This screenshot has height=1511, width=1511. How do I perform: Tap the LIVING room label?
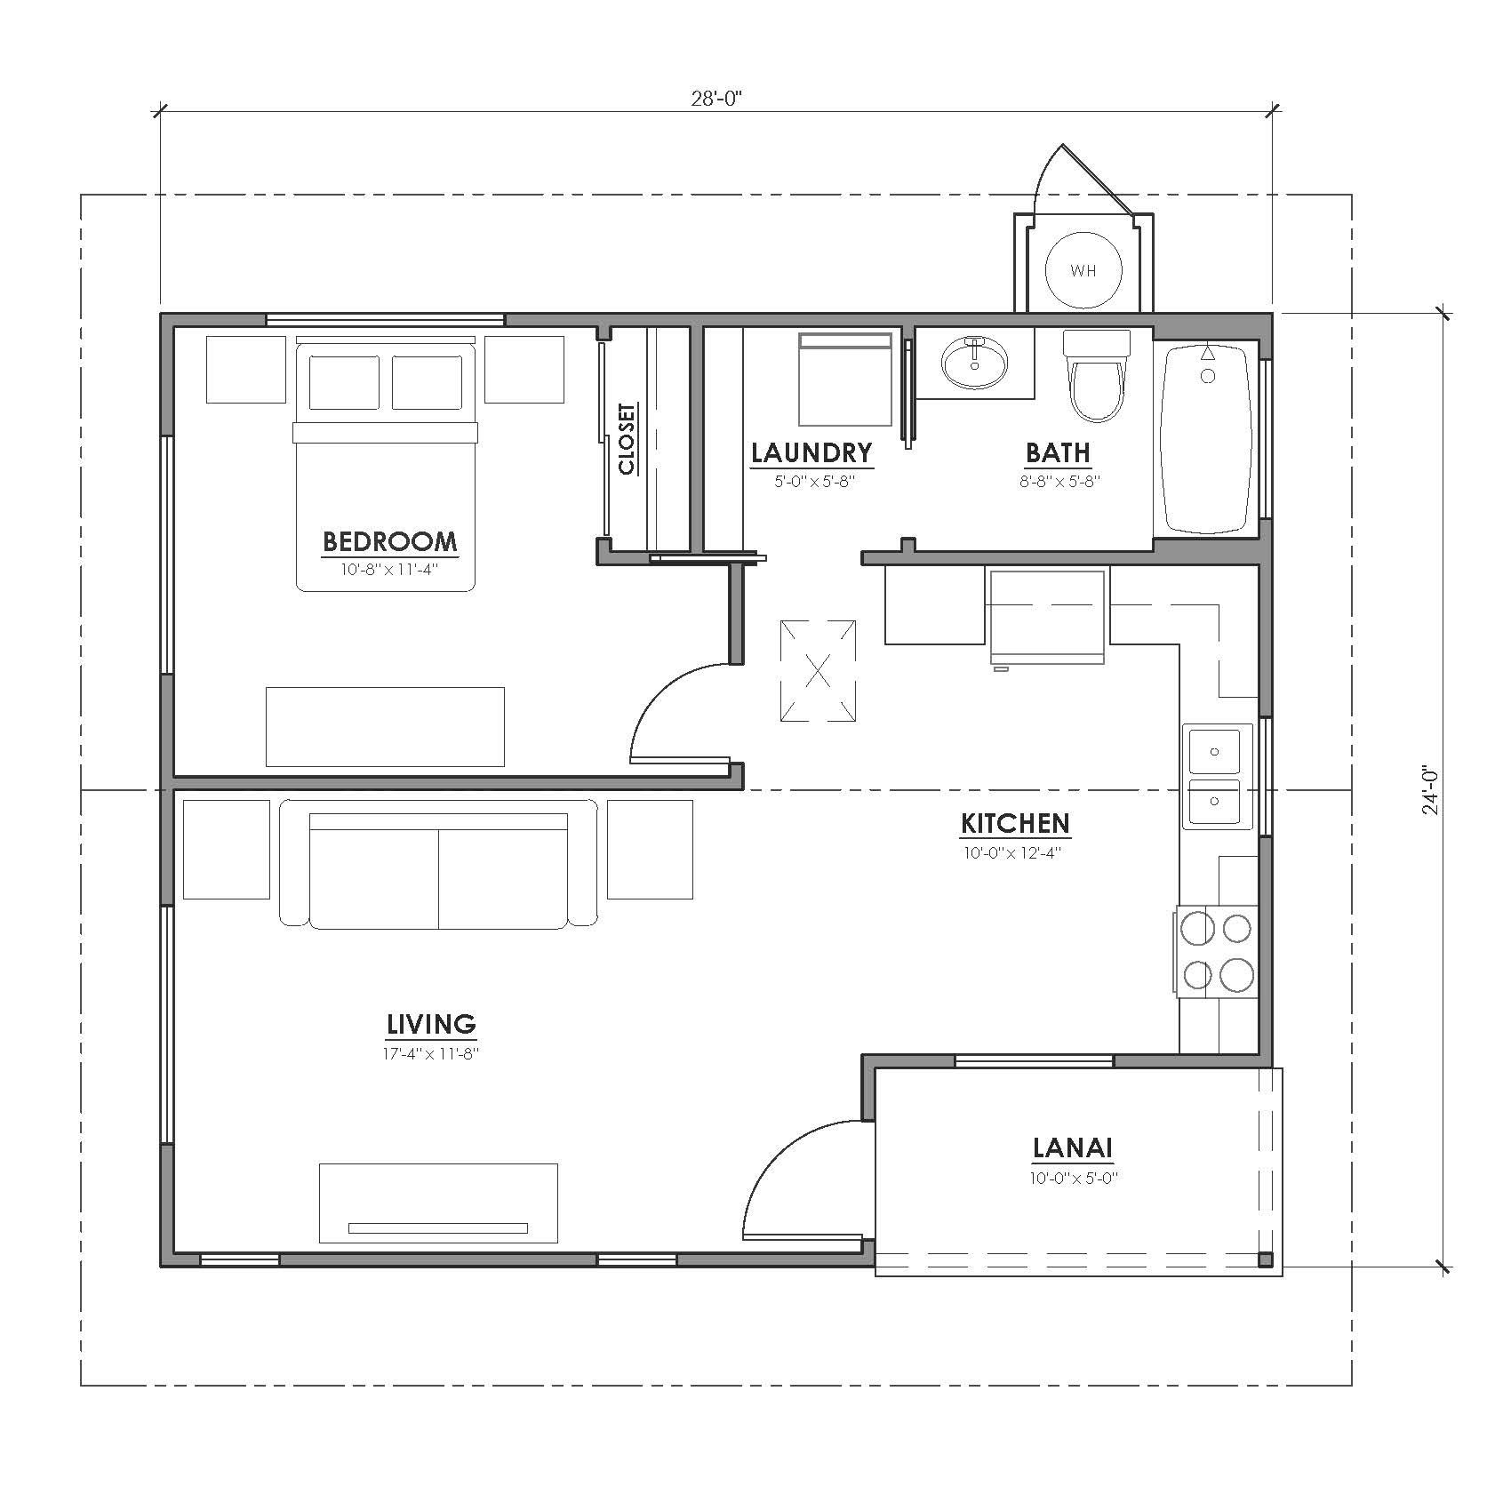[x=431, y=1025]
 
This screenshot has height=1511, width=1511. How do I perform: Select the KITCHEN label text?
[x=1015, y=824]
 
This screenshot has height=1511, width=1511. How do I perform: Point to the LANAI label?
[x=1072, y=1148]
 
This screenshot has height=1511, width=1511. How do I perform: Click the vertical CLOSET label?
[x=627, y=439]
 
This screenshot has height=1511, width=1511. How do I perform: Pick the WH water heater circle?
[x=1083, y=271]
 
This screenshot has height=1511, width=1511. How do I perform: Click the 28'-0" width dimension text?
[x=716, y=98]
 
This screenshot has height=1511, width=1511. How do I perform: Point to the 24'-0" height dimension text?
[x=1429, y=790]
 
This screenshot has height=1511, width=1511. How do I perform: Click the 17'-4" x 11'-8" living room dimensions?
[x=431, y=1054]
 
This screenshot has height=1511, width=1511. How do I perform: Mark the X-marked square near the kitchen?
[x=819, y=670]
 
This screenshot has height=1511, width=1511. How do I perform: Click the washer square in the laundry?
[x=844, y=380]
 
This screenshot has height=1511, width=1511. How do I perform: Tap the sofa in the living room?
[x=438, y=864]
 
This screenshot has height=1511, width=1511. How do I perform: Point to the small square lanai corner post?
[x=1266, y=1259]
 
